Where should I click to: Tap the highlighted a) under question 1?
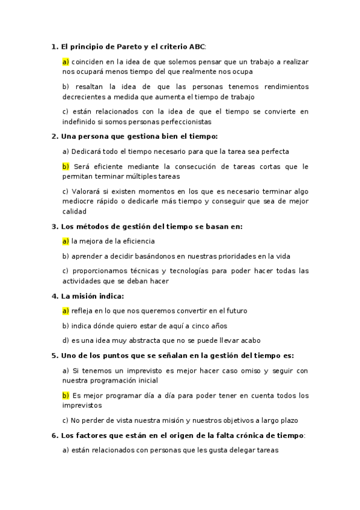pos(66,61)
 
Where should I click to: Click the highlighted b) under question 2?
pos(66,167)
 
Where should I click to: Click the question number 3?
pos(55,227)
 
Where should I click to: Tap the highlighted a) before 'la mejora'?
pos(66,241)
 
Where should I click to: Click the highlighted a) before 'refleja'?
pos(66,311)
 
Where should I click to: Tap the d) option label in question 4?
pos(66,340)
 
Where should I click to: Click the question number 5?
pos(55,355)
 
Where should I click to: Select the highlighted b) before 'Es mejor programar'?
pos(66,395)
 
